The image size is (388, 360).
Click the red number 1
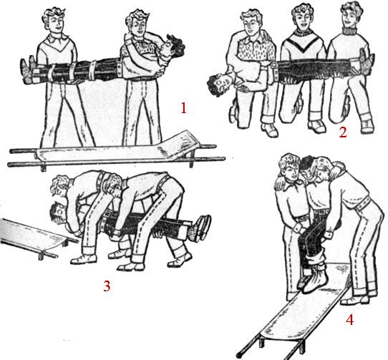[x=183, y=108]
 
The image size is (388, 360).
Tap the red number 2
[x=343, y=132]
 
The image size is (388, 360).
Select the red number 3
[x=107, y=286]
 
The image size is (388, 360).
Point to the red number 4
[x=349, y=320]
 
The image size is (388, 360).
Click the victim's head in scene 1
[x=173, y=47]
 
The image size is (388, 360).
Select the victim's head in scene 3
[x=59, y=213]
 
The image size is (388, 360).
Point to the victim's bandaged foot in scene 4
[x=315, y=280]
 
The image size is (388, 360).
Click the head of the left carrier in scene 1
[x=54, y=20]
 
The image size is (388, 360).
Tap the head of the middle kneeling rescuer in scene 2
[x=301, y=16]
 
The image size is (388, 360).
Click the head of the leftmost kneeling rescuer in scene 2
[x=251, y=20]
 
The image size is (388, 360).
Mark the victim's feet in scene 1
[x=29, y=71]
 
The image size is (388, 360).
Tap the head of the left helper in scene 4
[x=290, y=167]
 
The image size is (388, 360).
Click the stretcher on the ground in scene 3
[x=37, y=237]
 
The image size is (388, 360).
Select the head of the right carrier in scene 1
[x=137, y=22]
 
